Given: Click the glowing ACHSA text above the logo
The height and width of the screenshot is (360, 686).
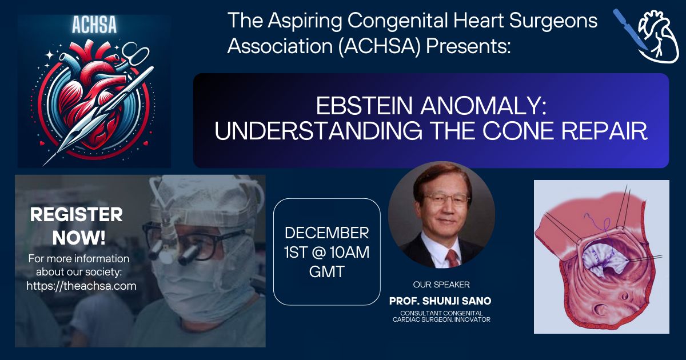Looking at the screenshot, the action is tap(94, 25).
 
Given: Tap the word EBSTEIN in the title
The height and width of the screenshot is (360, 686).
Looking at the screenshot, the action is tap(364, 106).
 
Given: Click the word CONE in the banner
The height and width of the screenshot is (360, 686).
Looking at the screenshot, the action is tap(519, 131).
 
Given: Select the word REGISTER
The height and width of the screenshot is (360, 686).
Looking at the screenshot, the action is tap(76, 214).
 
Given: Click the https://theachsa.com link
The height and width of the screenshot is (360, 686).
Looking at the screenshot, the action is tap(81, 286).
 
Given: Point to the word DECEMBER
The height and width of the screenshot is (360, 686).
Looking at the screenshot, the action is tap(327, 233).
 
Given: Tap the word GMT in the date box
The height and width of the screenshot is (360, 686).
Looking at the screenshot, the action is tap(327, 272).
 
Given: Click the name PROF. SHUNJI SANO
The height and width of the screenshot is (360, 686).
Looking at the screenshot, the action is tap(440, 301).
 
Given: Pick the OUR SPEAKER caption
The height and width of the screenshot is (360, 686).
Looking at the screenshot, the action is tap(441, 285).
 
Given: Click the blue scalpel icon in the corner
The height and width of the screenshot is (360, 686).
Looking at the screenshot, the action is tap(629, 29).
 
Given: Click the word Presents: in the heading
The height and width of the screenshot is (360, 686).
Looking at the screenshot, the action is tap(468, 46).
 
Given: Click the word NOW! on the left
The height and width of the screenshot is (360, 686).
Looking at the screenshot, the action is tap(79, 238).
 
